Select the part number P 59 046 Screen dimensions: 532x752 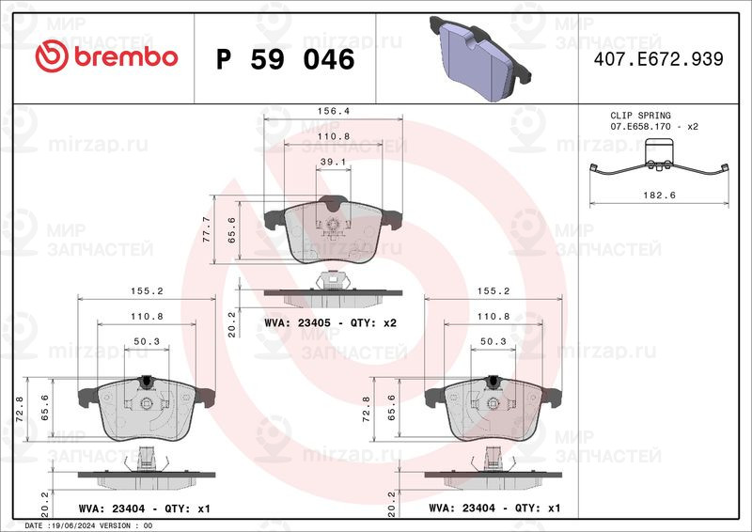click(285, 59)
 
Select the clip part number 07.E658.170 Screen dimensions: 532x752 click(643, 125)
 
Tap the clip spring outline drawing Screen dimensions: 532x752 click(660, 162)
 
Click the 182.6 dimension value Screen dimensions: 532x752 click(660, 195)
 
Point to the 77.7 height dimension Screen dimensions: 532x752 click(205, 227)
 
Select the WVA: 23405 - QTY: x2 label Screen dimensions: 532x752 click(331, 322)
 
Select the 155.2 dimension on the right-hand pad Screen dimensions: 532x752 click(494, 291)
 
